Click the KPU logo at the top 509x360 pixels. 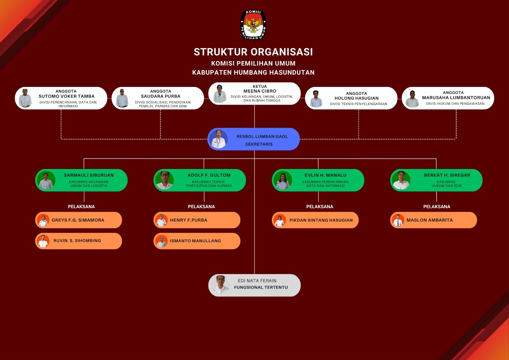tap(253, 25)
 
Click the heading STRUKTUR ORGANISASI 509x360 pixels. tap(253, 52)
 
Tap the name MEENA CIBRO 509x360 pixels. tap(260, 91)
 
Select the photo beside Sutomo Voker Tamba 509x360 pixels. tap(25, 98)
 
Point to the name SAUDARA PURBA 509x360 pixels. tap(161, 96)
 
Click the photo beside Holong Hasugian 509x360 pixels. tap(316, 99)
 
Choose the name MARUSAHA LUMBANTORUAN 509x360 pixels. tap(456, 98)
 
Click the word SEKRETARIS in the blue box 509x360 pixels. tap(259, 144)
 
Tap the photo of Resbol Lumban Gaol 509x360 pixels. tap(219, 139)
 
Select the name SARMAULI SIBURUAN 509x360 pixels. tap(89, 175)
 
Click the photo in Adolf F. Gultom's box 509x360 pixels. tap(164, 180)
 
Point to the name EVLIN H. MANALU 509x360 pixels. tap(325, 175)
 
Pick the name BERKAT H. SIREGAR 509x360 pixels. tap(447, 175)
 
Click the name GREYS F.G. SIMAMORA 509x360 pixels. tap(78, 220)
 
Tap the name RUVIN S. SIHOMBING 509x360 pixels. tap(77, 241)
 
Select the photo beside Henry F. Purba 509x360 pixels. tap(162, 220)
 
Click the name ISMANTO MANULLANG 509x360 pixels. tap(195, 241)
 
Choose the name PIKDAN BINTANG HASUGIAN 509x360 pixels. tap(321, 220)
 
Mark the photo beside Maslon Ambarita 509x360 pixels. tap(398, 220)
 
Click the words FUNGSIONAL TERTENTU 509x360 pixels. tap(261, 287)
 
